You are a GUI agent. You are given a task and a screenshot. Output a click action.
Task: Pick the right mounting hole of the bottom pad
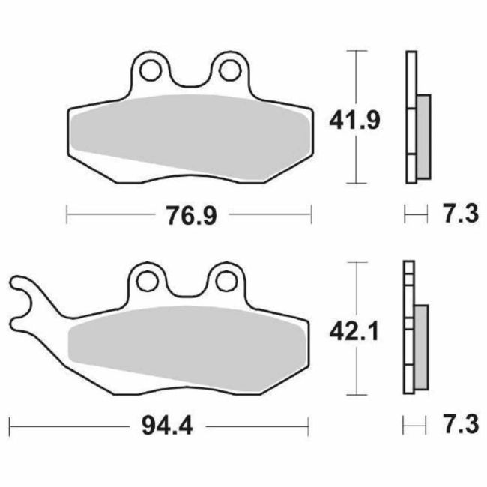click(x=227, y=280)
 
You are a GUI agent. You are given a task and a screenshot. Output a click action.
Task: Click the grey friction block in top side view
click(x=423, y=137)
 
